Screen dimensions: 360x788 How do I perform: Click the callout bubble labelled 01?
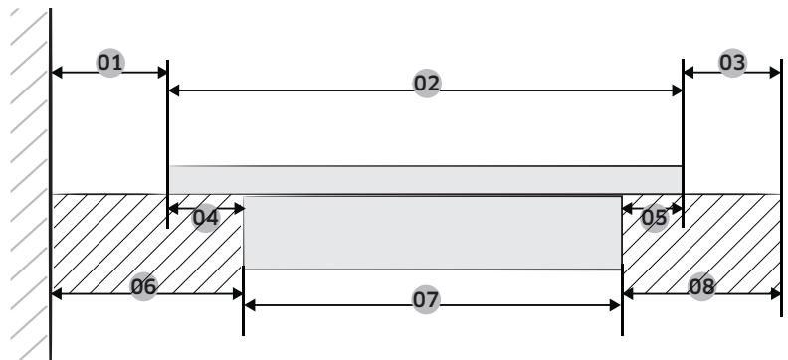pos(110,63)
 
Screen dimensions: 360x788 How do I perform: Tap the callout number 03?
pos(732,63)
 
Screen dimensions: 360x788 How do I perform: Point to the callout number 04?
pos(206,217)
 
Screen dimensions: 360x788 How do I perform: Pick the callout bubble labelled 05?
pos(654,217)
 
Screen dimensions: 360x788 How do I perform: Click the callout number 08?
pos(702,286)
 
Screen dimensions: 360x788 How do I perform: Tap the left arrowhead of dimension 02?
pos(173,90)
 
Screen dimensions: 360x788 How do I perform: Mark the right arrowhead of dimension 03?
pos(774,72)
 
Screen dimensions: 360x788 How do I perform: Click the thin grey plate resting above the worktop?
pos(425,179)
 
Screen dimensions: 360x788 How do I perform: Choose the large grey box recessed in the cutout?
pos(432,233)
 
